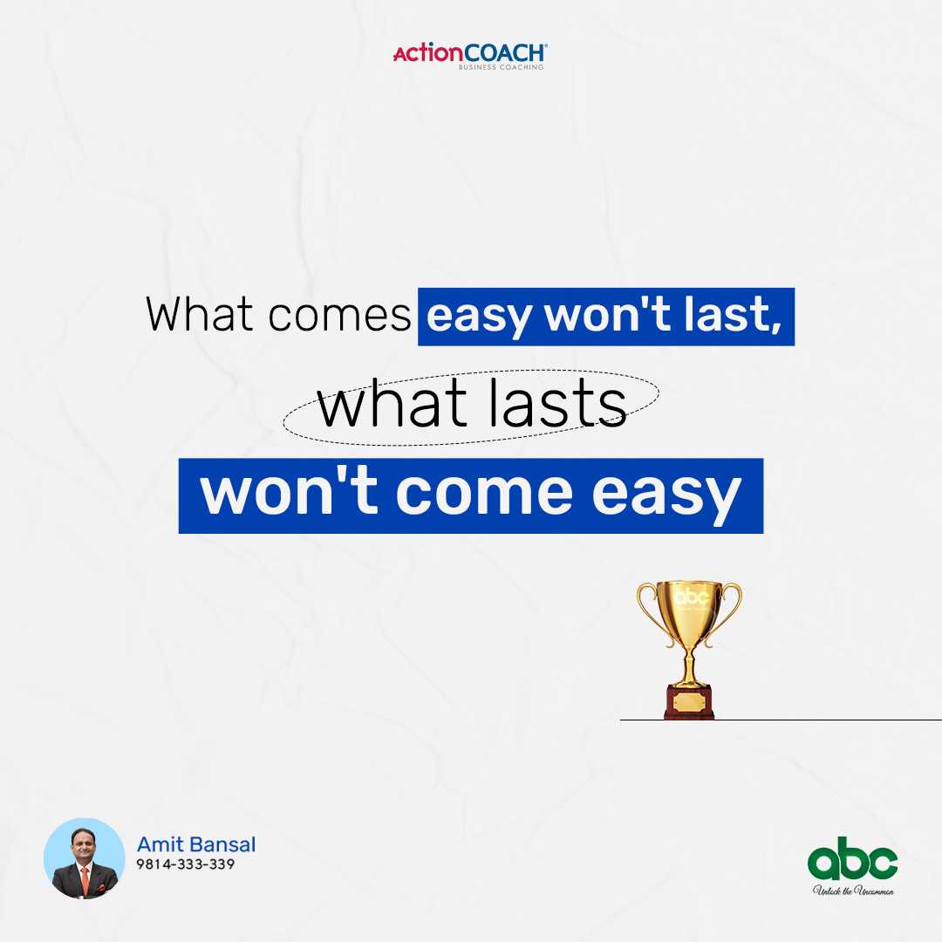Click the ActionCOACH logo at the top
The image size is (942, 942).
pyautogui.click(x=470, y=56)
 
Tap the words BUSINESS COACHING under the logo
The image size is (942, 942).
pyautogui.click(x=501, y=67)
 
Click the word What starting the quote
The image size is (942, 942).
pyautogui.click(x=200, y=314)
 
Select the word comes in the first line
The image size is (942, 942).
pyautogui.click(x=339, y=316)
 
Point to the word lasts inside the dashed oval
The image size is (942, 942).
pyautogui.click(x=556, y=403)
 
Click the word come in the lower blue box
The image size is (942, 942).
pyautogui.click(x=484, y=493)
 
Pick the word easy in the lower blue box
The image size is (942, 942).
pyautogui.click(x=667, y=497)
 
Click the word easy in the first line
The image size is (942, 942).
pyautogui.click(x=479, y=317)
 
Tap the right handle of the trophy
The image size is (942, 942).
pyautogui.click(x=725, y=613)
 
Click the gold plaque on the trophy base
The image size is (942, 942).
pyautogui.click(x=689, y=701)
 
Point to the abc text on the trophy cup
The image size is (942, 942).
pyautogui.click(x=692, y=597)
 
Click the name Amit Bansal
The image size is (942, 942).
pyautogui.click(x=196, y=844)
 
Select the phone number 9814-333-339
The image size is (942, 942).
pyautogui.click(x=186, y=863)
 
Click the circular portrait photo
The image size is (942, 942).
pyautogui.click(x=85, y=858)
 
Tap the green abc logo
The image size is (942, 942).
pyautogui.click(x=852, y=858)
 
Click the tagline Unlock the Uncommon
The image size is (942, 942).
pyautogui.click(x=853, y=891)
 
